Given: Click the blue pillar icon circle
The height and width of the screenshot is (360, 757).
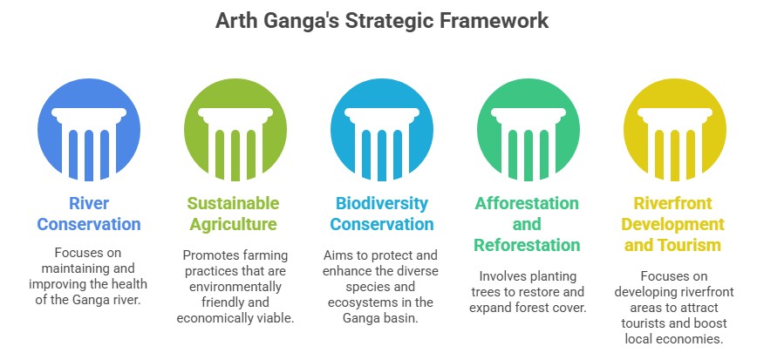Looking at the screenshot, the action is click(x=89, y=130).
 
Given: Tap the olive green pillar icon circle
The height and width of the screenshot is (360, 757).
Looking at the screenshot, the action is click(x=235, y=130).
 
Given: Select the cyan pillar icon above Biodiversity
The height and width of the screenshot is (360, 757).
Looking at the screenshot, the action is click(x=382, y=130).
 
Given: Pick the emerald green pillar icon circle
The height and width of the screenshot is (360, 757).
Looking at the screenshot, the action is click(x=529, y=130).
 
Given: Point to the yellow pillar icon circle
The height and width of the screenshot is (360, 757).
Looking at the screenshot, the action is click(x=675, y=130).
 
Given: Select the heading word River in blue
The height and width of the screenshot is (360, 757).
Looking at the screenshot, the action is click(x=89, y=203).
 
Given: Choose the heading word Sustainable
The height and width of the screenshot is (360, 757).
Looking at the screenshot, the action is click(x=233, y=203).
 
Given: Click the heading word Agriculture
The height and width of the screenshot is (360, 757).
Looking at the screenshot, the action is click(x=233, y=225).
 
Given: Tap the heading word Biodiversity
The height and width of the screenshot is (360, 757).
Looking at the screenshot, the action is click(x=382, y=204).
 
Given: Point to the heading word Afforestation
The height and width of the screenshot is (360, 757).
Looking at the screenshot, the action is click(x=527, y=203).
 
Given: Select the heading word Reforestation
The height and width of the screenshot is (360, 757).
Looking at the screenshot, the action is click(x=527, y=245).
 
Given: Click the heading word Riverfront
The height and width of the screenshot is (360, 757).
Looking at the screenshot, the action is click(x=673, y=203).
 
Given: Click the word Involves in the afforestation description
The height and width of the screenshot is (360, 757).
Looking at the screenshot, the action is click(x=501, y=276).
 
